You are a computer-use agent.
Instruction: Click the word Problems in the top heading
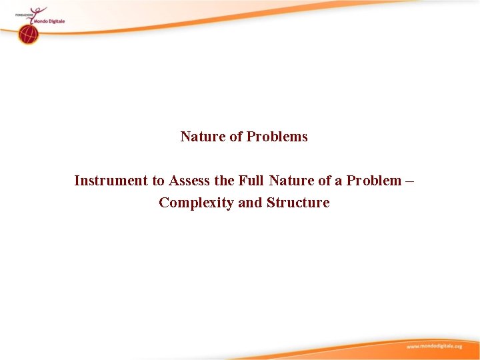pos(277,137)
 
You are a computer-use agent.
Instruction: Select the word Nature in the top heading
pos(203,137)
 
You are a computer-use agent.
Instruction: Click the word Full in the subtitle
pos(251,181)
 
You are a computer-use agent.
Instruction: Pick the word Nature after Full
pos(292,181)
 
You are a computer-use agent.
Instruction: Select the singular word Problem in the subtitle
pos(374,181)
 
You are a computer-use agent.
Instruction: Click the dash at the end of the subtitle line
pos(409,181)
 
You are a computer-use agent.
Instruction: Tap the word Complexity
pos(196,203)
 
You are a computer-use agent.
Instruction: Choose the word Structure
pos(298,203)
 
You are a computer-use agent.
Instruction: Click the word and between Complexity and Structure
pos(251,203)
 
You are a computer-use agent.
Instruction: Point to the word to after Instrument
pos(158,181)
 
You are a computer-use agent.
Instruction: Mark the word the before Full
pos(224,181)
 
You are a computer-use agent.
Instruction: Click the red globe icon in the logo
pos(29,35)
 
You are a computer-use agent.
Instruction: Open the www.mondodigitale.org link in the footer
pos(434,347)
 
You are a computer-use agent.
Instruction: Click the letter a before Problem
pos(337,181)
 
